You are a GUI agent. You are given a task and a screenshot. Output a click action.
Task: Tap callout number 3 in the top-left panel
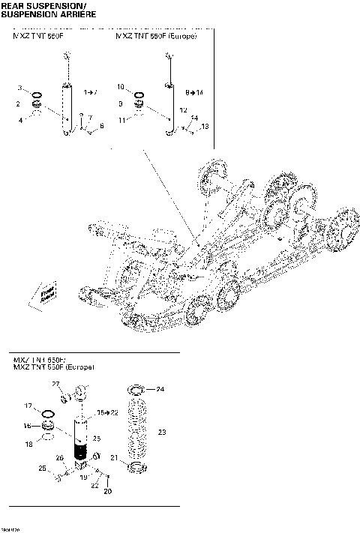click(x=19, y=88)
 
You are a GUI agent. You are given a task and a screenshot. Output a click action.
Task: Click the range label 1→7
click(x=90, y=91)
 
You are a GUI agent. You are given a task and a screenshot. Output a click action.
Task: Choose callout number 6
click(x=101, y=126)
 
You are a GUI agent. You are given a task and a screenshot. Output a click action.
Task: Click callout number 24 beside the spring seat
click(x=159, y=389)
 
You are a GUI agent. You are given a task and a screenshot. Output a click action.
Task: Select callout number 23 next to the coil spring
click(x=163, y=432)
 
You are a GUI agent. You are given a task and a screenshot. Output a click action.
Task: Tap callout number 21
click(x=115, y=458)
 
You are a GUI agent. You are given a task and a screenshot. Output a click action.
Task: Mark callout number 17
click(x=28, y=406)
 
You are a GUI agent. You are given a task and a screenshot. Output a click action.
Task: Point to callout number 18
click(x=28, y=445)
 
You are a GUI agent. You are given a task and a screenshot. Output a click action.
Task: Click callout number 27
click(x=55, y=384)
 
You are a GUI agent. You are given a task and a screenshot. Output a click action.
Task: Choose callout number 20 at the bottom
click(x=107, y=493)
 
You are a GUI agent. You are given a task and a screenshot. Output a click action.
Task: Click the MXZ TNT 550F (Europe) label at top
click(x=157, y=36)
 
